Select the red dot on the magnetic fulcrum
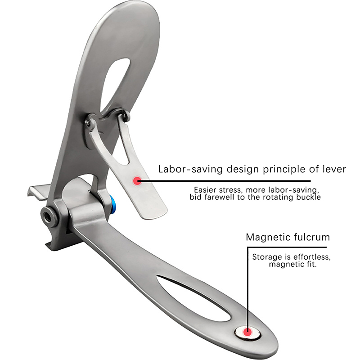[x=247, y=333]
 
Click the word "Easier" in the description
[x=205, y=189]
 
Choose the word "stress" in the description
[x=231, y=189]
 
